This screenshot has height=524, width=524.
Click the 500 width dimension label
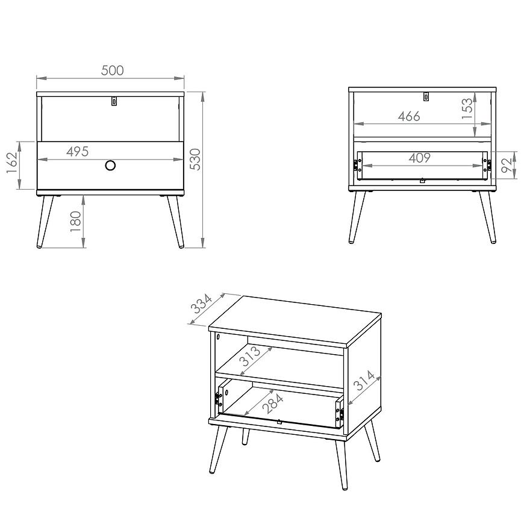[112, 70]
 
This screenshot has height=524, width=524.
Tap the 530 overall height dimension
[196, 160]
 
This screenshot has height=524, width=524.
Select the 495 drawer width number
[78, 151]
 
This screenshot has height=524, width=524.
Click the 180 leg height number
[76, 222]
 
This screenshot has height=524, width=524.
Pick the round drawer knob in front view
[110, 165]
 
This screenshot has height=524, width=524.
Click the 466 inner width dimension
[409, 116]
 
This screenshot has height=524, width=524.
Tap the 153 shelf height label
[467, 108]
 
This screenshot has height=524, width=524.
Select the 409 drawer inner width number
[420, 158]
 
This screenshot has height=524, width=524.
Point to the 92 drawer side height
[507, 166]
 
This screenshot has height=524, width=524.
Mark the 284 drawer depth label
[273, 404]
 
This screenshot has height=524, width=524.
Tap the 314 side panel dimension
[364, 380]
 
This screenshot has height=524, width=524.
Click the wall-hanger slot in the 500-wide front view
[114, 101]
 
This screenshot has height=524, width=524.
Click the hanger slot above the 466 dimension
[426, 96]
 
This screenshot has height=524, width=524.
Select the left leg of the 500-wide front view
[45, 222]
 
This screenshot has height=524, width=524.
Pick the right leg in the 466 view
[488, 217]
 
